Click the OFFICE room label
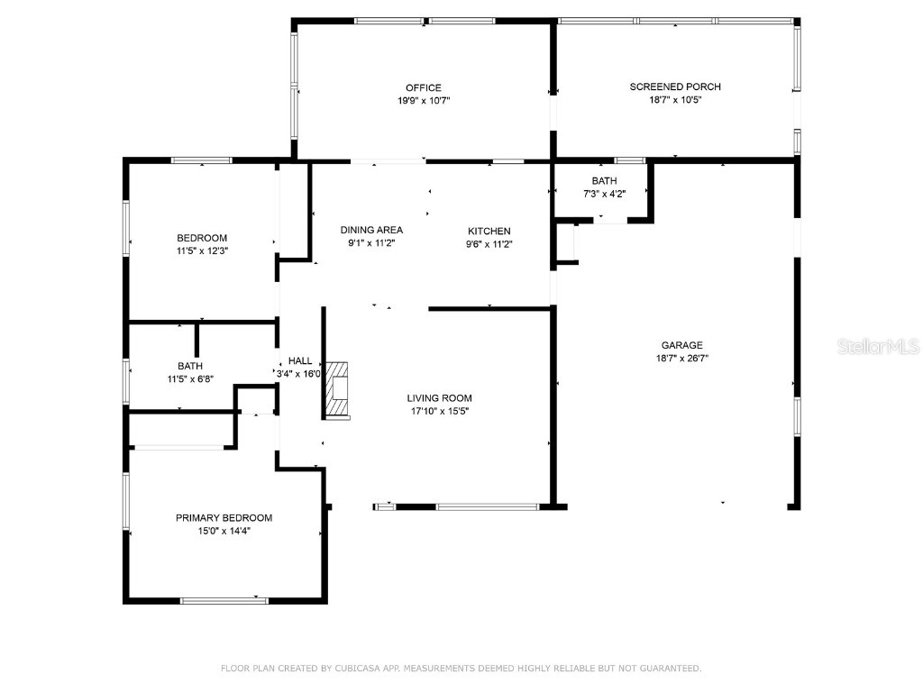pyautogui.click(x=424, y=87)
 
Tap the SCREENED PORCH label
pyautogui.click(x=675, y=86)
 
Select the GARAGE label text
pyautogui.click(x=681, y=345)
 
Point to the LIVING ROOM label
pyautogui.click(x=439, y=398)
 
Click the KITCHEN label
pyautogui.click(x=489, y=232)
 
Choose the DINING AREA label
pyautogui.click(x=371, y=230)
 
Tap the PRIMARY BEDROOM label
pyautogui.click(x=224, y=518)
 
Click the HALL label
pyautogui.click(x=300, y=361)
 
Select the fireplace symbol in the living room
pyautogui.click(x=337, y=390)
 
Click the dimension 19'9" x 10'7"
pyautogui.click(x=424, y=101)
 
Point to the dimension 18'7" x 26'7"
pyautogui.click(x=682, y=359)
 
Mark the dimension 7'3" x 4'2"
pyautogui.click(x=605, y=194)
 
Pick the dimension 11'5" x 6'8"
pyautogui.click(x=190, y=379)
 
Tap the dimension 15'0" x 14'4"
pyautogui.click(x=224, y=531)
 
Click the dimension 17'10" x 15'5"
pyautogui.click(x=440, y=411)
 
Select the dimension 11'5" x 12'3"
pyautogui.click(x=203, y=251)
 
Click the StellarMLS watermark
pyautogui.click(x=878, y=346)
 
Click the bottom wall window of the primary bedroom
pyautogui.click(x=224, y=601)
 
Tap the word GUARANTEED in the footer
pyautogui.click(x=671, y=669)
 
